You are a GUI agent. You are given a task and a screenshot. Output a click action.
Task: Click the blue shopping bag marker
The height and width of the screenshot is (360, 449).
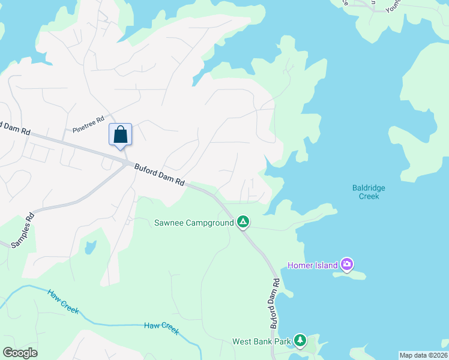(120, 135)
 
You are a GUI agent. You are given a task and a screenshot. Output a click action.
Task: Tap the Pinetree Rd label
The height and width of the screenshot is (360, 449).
(88, 125)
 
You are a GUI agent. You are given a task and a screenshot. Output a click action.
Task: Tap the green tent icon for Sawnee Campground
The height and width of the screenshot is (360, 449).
(243, 223)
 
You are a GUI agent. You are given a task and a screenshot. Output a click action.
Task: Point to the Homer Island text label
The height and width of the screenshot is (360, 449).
(312, 265)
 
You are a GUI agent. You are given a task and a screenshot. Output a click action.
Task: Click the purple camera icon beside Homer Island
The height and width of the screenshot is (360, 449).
(346, 264)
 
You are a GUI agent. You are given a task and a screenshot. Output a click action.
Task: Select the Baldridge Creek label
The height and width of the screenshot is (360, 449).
(369, 192)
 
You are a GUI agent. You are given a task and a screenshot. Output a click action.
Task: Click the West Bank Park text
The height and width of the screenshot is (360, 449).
(261, 342)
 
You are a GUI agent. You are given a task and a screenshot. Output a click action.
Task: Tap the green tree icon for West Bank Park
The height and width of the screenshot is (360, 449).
(300, 341)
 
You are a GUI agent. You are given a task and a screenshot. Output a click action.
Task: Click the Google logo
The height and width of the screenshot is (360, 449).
(20, 353)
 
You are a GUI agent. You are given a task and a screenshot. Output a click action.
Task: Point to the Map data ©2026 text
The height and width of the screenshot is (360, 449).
(423, 355)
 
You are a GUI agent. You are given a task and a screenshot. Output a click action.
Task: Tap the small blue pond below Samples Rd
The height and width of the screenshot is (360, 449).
(90, 247)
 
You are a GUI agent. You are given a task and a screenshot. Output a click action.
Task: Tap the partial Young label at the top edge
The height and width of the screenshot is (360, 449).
(393, 6)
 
